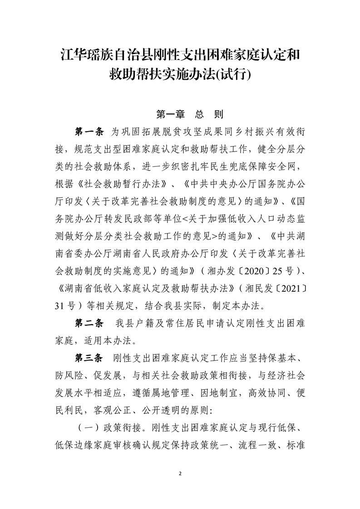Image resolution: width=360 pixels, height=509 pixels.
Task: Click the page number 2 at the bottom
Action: (x=180, y=474)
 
